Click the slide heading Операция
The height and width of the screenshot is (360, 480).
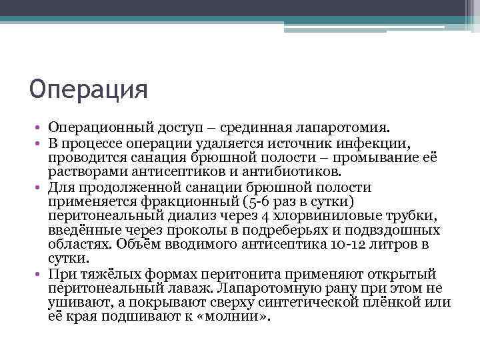coord(88,89)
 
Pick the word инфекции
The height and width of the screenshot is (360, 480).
coord(375,142)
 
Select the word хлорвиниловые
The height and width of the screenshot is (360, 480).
coord(323,217)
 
